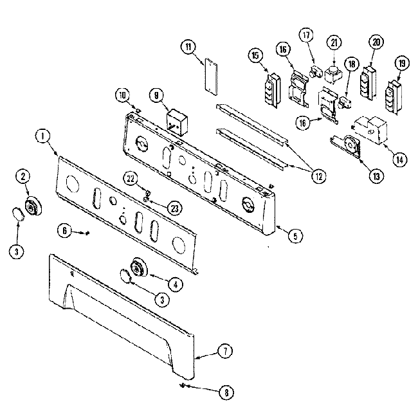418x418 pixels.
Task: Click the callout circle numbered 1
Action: click(42, 136)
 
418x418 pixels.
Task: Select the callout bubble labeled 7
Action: click(226, 351)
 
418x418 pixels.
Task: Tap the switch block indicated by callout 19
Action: click(392, 93)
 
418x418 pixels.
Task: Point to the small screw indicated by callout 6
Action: click(86, 233)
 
